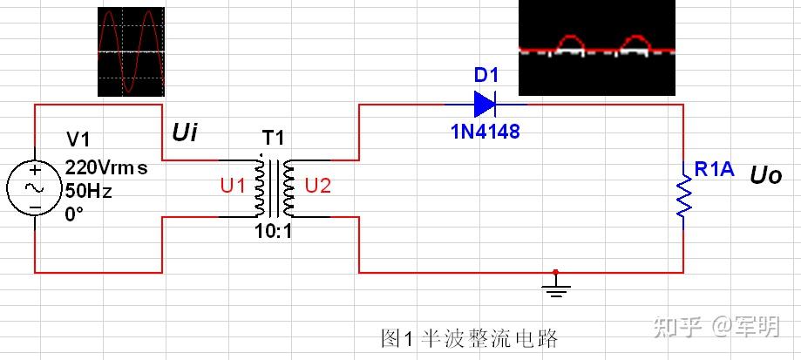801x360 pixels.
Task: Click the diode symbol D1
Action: click(x=485, y=105)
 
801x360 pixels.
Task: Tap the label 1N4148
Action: click(x=485, y=132)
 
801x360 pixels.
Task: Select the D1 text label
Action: click(x=485, y=76)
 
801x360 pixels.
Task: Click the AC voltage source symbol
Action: click(x=35, y=188)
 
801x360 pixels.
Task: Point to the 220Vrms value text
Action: click(x=106, y=167)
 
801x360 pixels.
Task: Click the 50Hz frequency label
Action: click(x=88, y=191)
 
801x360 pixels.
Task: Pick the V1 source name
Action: click(x=78, y=139)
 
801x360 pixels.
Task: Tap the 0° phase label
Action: click(x=74, y=214)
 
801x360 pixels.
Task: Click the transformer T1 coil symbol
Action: click(x=274, y=188)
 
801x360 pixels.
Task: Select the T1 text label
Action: click(x=274, y=138)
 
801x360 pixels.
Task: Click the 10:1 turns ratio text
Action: click(x=274, y=233)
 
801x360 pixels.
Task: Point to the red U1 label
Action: click(x=234, y=187)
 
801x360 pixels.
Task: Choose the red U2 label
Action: click(x=318, y=187)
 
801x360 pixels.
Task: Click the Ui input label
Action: click(x=185, y=133)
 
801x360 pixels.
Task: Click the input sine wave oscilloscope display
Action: click(x=132, y=51)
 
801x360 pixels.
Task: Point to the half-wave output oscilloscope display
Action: click(x=597, y=47)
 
